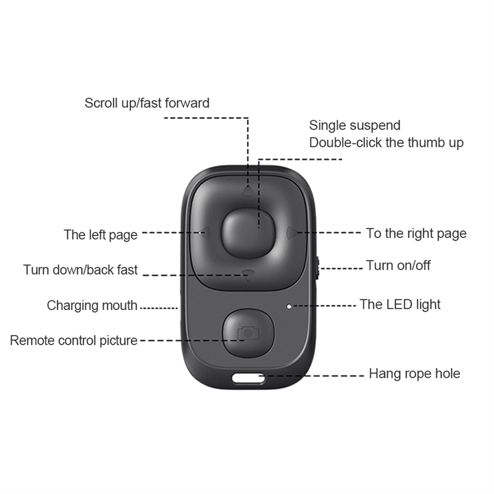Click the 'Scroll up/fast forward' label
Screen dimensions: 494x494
tap(147, 103)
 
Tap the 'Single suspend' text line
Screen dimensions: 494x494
tap(354, 125)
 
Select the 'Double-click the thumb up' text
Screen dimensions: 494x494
tap(386, 143)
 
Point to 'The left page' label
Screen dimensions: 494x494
tap(100, 235)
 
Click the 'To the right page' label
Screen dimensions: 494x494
tap(416, 233)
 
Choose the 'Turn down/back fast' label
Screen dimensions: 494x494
tap(80, 270)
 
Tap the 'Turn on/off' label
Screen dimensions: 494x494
tap(398, 266)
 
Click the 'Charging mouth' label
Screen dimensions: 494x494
tap(92, 306)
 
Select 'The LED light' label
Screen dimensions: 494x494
tap(400, 304)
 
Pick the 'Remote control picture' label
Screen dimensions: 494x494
tap(73, 340)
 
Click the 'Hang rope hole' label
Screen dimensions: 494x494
tap(414, 374)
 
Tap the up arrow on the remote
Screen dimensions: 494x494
tap(248, 191)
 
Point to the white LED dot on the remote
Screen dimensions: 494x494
tap(290, 305)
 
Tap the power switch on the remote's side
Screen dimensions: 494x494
tap(317, 267)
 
